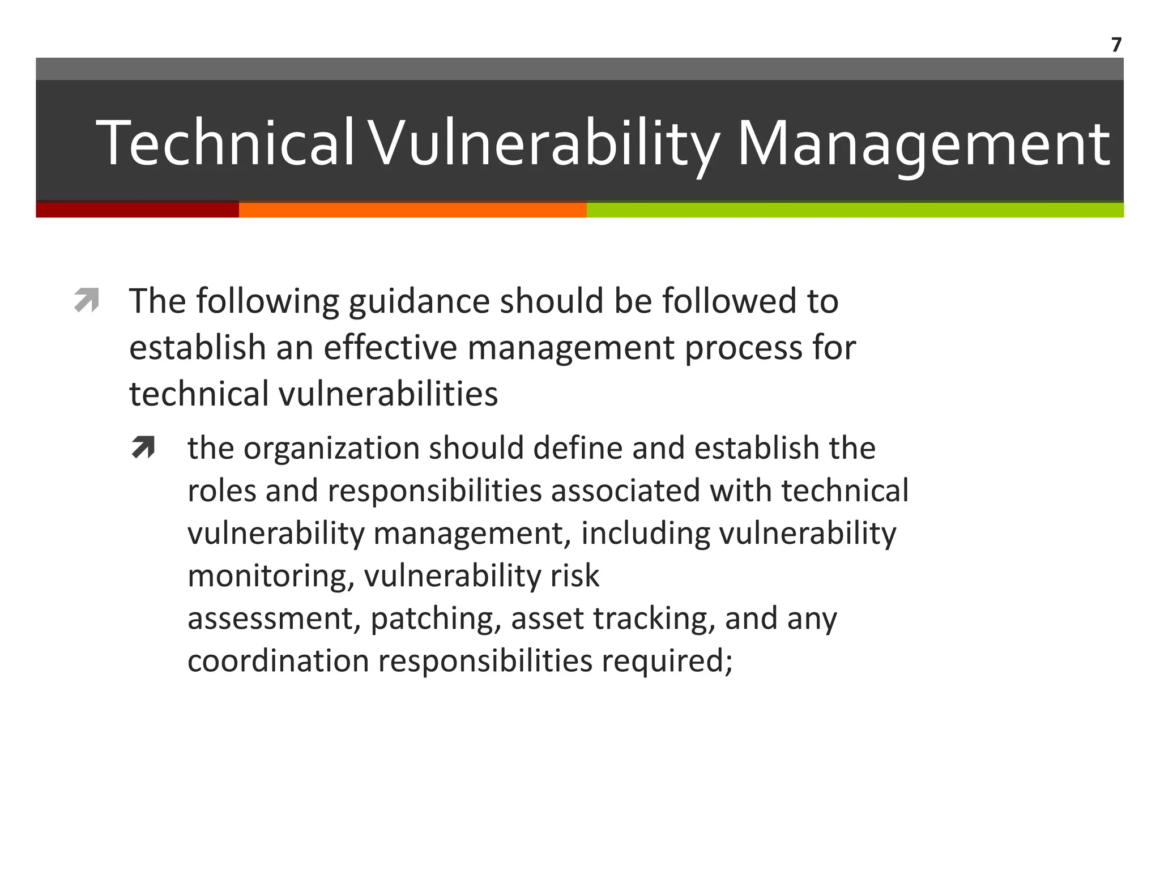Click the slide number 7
[1116, 45]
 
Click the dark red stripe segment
[137, 210]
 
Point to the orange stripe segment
[412, 210]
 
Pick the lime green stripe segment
[855, 210]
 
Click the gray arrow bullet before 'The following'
[87, 300]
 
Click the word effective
[390, 347]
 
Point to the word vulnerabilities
[388, 394]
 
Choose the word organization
[331, 448]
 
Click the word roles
[221, 491]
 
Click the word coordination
[278, 661]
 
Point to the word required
[667, 661]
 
